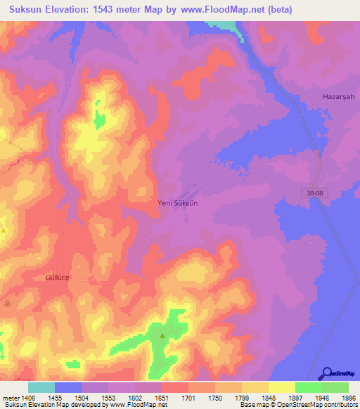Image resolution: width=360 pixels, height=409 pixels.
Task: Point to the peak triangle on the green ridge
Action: [x=162, y=335]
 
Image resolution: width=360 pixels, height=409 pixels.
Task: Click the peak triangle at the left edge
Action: [x=4, y=230]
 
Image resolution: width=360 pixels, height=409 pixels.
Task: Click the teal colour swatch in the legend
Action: [x=41, y=387]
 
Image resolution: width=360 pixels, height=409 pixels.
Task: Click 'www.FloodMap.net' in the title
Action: [x=214, y=8]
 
